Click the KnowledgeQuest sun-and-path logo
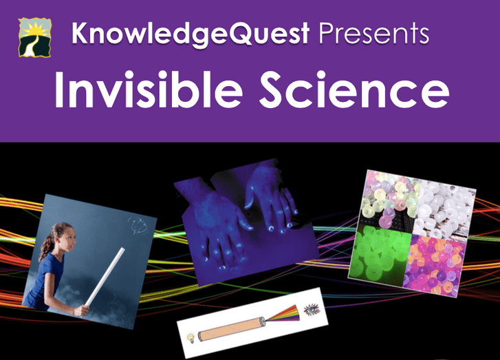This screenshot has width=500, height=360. (x=35, y=37)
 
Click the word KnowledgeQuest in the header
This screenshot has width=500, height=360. (x=191, y=34)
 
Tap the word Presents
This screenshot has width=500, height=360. (x=374, y=33)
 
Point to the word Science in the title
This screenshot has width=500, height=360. (x=354, y=89)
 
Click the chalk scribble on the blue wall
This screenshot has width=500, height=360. (x=138, y=225)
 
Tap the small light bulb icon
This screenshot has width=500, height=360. (x=191, y=338)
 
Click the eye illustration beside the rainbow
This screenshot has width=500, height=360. (x=312, y=309)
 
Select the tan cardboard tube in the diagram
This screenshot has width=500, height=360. (x=232, y=329)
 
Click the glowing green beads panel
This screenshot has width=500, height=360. (x=380, y=254)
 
